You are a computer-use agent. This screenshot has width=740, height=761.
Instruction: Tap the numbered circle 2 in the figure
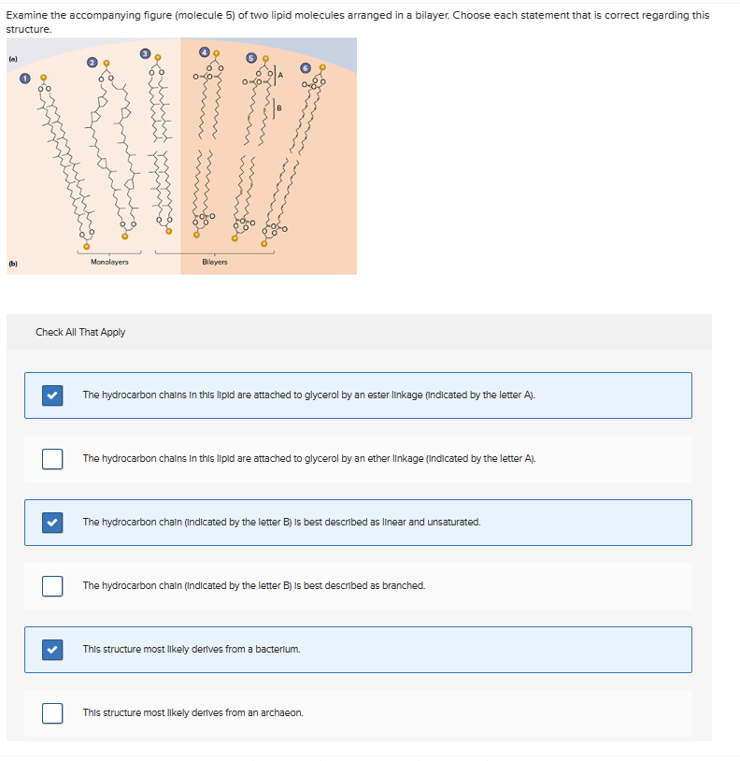tap(92, 62)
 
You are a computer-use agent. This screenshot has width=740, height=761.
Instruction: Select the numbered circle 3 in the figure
tap(145, 52)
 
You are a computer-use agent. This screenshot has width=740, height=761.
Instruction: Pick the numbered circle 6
tap(305, 67)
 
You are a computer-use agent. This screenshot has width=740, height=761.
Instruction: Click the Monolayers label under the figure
tap(109, 262)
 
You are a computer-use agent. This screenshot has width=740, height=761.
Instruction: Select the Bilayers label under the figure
tap(214, 262)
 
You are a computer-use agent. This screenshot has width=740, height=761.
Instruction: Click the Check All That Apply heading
tap(80, 332)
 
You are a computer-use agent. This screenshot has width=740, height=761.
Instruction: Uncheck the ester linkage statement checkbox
tap(52, 395)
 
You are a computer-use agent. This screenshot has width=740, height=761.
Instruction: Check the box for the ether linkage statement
tap(52, 459)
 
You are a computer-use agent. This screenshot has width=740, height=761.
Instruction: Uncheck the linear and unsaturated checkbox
tap(52, 523)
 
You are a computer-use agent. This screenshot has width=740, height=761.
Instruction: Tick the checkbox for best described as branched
tap(52, 586)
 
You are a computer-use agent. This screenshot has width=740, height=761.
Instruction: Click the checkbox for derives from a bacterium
tap(52, 650)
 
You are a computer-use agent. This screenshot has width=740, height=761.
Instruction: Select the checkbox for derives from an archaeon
tap(52, 713)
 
